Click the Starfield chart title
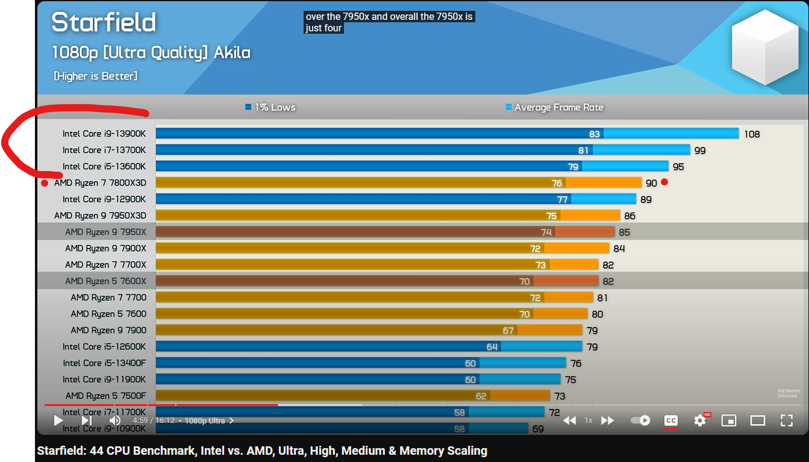[104, 23]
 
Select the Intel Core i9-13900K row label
[104, 134]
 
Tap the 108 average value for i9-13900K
[752, 134]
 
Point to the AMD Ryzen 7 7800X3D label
[100, 183]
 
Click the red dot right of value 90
[664, 182]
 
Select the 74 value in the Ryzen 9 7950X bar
[546, 232]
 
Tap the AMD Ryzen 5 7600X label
[105, 281]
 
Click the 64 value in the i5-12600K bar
[492, 347]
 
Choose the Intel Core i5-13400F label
[104, 363]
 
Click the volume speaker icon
[114, 420]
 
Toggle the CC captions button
[670, 420]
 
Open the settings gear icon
[700, 420]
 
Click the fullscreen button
[787, 420]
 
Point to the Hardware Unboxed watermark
[789, 393]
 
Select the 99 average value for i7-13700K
[699, 151]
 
